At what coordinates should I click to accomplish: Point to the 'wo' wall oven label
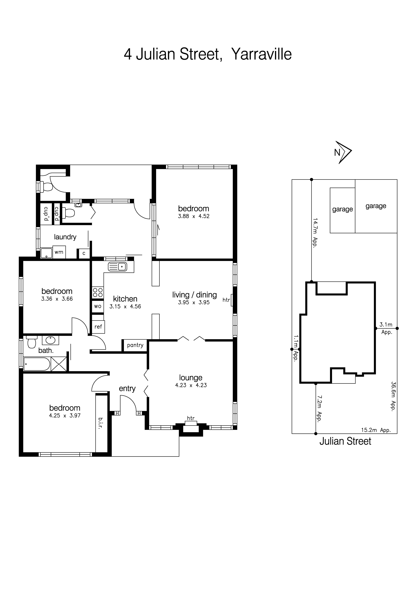point(98,306)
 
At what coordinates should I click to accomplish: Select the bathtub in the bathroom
point(37,364)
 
